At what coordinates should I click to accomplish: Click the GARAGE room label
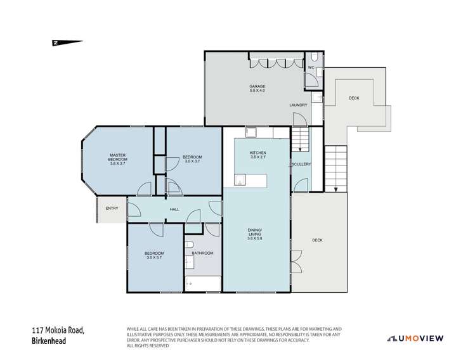pos(256,86)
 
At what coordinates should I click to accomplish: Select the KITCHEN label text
pos(257,153)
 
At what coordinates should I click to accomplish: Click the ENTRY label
pos(112,208)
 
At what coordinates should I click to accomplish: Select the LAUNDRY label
pos(298,105)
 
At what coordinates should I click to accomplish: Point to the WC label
pos(311,67)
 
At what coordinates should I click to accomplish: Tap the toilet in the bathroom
pos(190,245)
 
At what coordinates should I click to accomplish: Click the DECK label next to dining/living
pos(318,240)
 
